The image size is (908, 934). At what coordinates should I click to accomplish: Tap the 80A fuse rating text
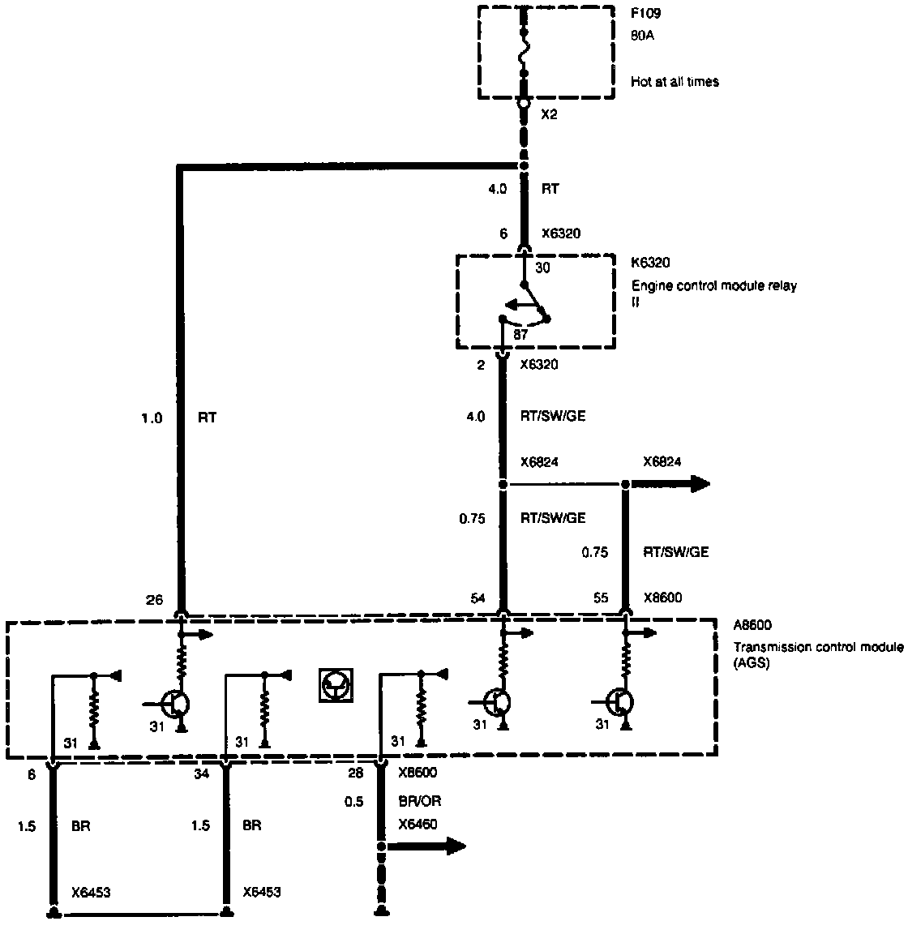pyautogui.click(x=643, y=36)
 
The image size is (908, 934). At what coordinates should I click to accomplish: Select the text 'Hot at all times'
pyautogui.click(x=675, y=81)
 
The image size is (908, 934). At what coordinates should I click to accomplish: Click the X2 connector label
pyautogui.click(x=549, y=114)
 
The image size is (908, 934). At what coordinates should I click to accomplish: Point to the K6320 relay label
pyautogui.click(x=650, y=263)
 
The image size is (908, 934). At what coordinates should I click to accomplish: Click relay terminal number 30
pyautogui.click(x=542, y=268)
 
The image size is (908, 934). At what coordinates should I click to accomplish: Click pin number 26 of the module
pyautogui.click(x=154, y=600)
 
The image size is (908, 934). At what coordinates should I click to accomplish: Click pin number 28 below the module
pyautogui.click(x=355, y=773)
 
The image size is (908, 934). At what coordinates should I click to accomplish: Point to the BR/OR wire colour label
pyautogui.click(x=420, y=801)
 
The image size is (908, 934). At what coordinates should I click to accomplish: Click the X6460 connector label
pyautogui.click(x=418, y=825)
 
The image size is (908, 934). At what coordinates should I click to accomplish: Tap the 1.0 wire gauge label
pyautogui.click(x=152, y=418)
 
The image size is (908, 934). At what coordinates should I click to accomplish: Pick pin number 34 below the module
pyautogui.click(x=202, y=773)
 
